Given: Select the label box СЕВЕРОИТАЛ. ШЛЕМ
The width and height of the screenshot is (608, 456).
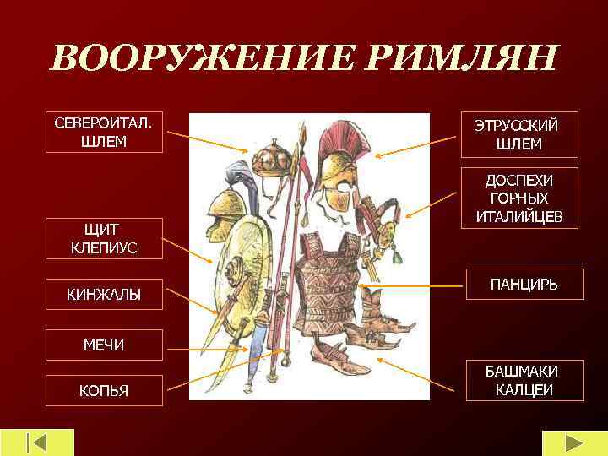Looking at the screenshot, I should click(x=104, y=132).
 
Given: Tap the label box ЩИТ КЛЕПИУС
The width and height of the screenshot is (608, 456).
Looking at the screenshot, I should click(x=104, y=238).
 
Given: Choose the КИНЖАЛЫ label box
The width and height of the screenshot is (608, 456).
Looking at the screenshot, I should click(x=104, y=294).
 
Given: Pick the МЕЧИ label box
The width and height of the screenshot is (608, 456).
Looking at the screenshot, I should click(x=104, y=345).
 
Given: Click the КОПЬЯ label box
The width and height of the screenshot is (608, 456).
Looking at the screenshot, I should click(x=104, y=391).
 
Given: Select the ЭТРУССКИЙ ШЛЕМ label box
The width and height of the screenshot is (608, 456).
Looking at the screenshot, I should click(x=519, y=134).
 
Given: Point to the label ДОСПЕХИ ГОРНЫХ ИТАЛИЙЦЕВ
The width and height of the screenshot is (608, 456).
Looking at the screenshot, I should click(x=518, y=198).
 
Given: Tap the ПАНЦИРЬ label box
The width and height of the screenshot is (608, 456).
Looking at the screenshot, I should click(x=524, y=286).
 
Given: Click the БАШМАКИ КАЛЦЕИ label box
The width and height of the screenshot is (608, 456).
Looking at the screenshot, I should click(x=524, y=381).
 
